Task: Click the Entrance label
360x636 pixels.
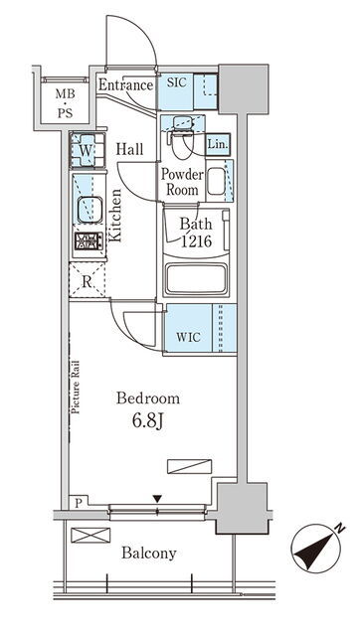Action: click(126, 85)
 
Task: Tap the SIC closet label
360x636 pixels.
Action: click(177, 82)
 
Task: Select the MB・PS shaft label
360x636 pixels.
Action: click(65, 103)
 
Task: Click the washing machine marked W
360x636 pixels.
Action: click(88, 150)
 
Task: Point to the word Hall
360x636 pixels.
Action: click(130, 149)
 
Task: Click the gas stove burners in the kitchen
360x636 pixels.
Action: click(89, 240)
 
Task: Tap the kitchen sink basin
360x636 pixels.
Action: click(90, 210)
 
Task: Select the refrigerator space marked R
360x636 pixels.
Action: click(88, 280)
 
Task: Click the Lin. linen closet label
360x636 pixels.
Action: click(218, 144)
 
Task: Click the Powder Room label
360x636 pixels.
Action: click(182, 182)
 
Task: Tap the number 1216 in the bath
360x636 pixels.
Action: click(196, 241)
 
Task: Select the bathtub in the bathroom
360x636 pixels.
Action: click(196, 279)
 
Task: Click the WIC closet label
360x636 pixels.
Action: click(188, 337)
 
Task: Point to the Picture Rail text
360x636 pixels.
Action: click(76, 387)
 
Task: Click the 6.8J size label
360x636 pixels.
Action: click(148, 421)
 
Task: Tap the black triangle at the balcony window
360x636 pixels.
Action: click(157, 499)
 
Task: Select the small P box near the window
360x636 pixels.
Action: click(79, 503)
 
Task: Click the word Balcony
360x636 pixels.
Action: click(149, 554)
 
